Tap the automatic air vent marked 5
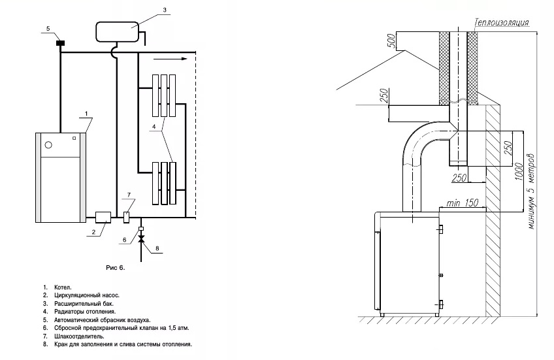click(60, 43)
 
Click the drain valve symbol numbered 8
click(140, 240)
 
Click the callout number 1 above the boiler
click(85, 114)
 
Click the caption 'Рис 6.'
click(114, 268)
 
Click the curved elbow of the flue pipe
click(419, 140)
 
